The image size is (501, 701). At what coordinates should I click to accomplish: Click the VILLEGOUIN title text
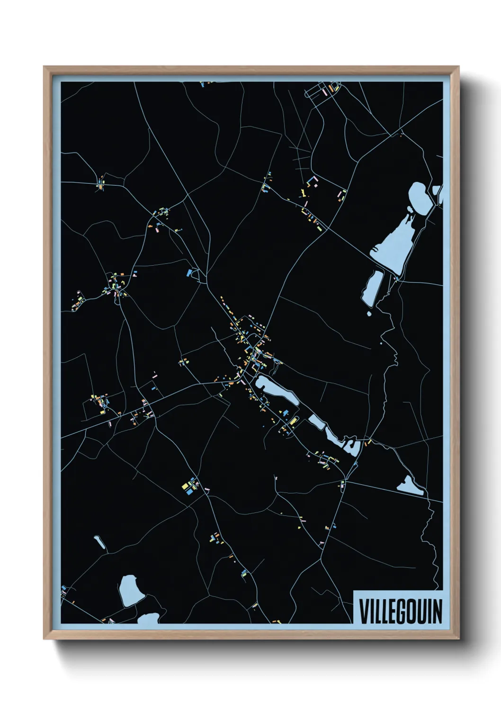pyautogui.click(x=400, y=611)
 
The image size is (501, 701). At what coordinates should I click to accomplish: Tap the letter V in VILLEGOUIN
pyautogui.click(x=364, y=611)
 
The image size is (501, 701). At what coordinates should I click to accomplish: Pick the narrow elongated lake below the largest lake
pyautogui.click(x=373, y=288)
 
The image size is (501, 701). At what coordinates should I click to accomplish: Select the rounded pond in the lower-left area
pyautogui.click(x=129, y=590)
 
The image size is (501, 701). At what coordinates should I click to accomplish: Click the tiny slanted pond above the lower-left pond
pyautogui.click(x=99, y=542)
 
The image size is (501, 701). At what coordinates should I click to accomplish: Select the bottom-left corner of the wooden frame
pyautogui.click(x=45, y=638)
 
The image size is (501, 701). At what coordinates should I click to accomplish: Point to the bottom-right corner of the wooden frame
pyautogui.click(x=458, y=638)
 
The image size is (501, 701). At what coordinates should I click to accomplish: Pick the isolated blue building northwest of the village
pyautogui.click(x=190, y=272)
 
